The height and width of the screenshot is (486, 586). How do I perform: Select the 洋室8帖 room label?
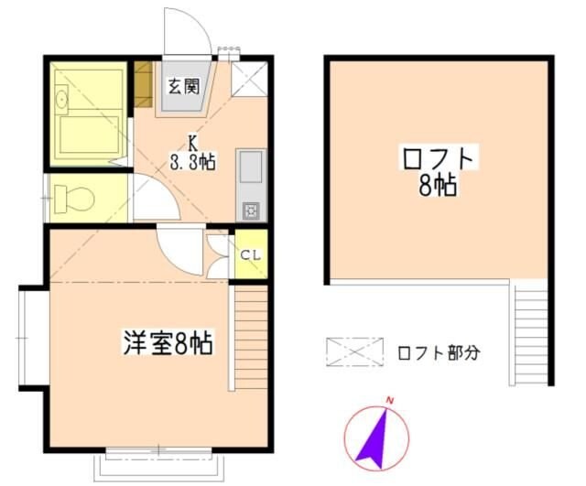[x=168, y=345]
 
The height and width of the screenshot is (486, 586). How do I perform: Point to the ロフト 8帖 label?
[x=439, y=171]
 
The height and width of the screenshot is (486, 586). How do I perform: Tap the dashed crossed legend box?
[x=355, y=351]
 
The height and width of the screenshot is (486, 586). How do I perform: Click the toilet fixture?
[x=71, y=197]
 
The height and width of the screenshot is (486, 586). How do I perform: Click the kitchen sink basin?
[x=250, y=168]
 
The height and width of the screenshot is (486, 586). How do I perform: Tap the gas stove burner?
[x=250, y=211]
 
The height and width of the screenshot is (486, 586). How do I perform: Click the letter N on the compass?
[x=390, y=401]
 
